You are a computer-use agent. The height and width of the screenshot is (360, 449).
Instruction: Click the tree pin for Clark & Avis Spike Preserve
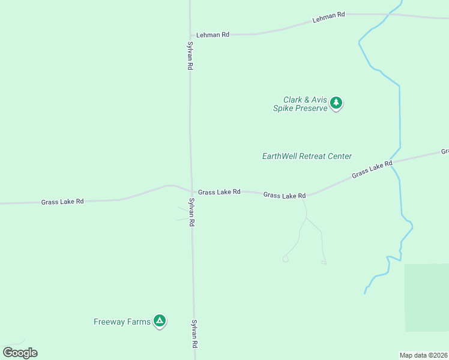pyautogui.click(x=337, y=103)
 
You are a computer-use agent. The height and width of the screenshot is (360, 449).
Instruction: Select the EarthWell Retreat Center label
pyautogui.click(x=307, y=156)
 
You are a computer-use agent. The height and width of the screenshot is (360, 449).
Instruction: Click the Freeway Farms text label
pyautogui.click(x=122, y=322)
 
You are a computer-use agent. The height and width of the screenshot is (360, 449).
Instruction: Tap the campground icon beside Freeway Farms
pyautogui.click(x=160, y=321)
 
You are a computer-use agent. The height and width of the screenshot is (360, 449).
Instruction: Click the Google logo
pyautogui.click(x=20, y=352)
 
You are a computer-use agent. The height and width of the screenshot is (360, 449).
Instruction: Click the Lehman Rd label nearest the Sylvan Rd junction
pyautogui.click(x=213, y=35)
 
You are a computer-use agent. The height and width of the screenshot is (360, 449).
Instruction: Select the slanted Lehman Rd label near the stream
pyautogui.click(x=328, y=17)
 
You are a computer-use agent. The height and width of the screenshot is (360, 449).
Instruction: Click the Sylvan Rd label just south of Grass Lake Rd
pyautogui.click(x=192, y=212)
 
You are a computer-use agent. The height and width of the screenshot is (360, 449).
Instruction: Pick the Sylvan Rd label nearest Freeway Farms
pyautogui.click(x=194, y=333)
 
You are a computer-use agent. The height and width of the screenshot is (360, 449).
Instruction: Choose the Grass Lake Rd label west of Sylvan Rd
pyautogui.click(x=62, y=202)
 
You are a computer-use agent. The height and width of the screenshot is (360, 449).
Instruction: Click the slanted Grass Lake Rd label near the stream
pyautogui.click(x=372, y=169)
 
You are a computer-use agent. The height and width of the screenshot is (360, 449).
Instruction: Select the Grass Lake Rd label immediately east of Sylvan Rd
pyautogui.click(x=219, y=192)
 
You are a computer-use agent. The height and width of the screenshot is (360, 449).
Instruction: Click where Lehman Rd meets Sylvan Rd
pyautogui.click(x=190, y=34)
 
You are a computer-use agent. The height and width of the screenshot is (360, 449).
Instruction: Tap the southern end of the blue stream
pyautogui.click(x=364, y=293)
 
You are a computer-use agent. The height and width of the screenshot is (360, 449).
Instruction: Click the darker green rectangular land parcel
pyautogui.click(x=426, y=297)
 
